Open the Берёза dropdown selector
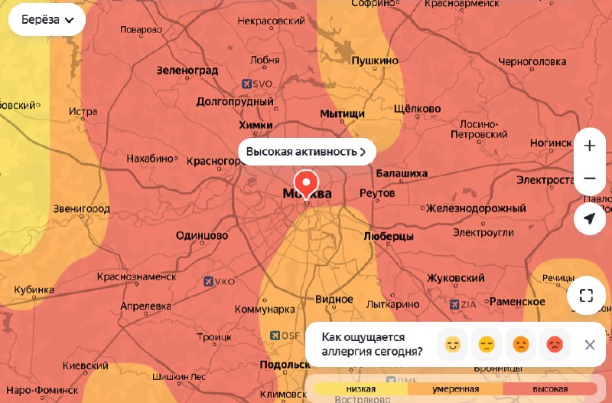[x=47, y=21]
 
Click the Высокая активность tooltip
[x=307, y=152]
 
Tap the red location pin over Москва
[x=306, y=183]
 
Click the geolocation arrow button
[x=589, y=219]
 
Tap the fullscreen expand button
[x=586, y=296]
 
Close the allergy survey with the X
[x=589, y=345]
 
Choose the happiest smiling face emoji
[x=452, y=345]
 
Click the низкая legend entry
[x=360, y=389]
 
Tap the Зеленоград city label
[x=187, y=70]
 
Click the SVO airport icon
[x=247, y=84]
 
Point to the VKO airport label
[x=225, y=282]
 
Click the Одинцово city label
[x=202, y=236]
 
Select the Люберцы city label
[x=389, y=236]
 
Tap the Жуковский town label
[x=456, y=277]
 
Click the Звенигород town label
[x=82, y=208]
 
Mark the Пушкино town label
[x=375, y=61]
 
